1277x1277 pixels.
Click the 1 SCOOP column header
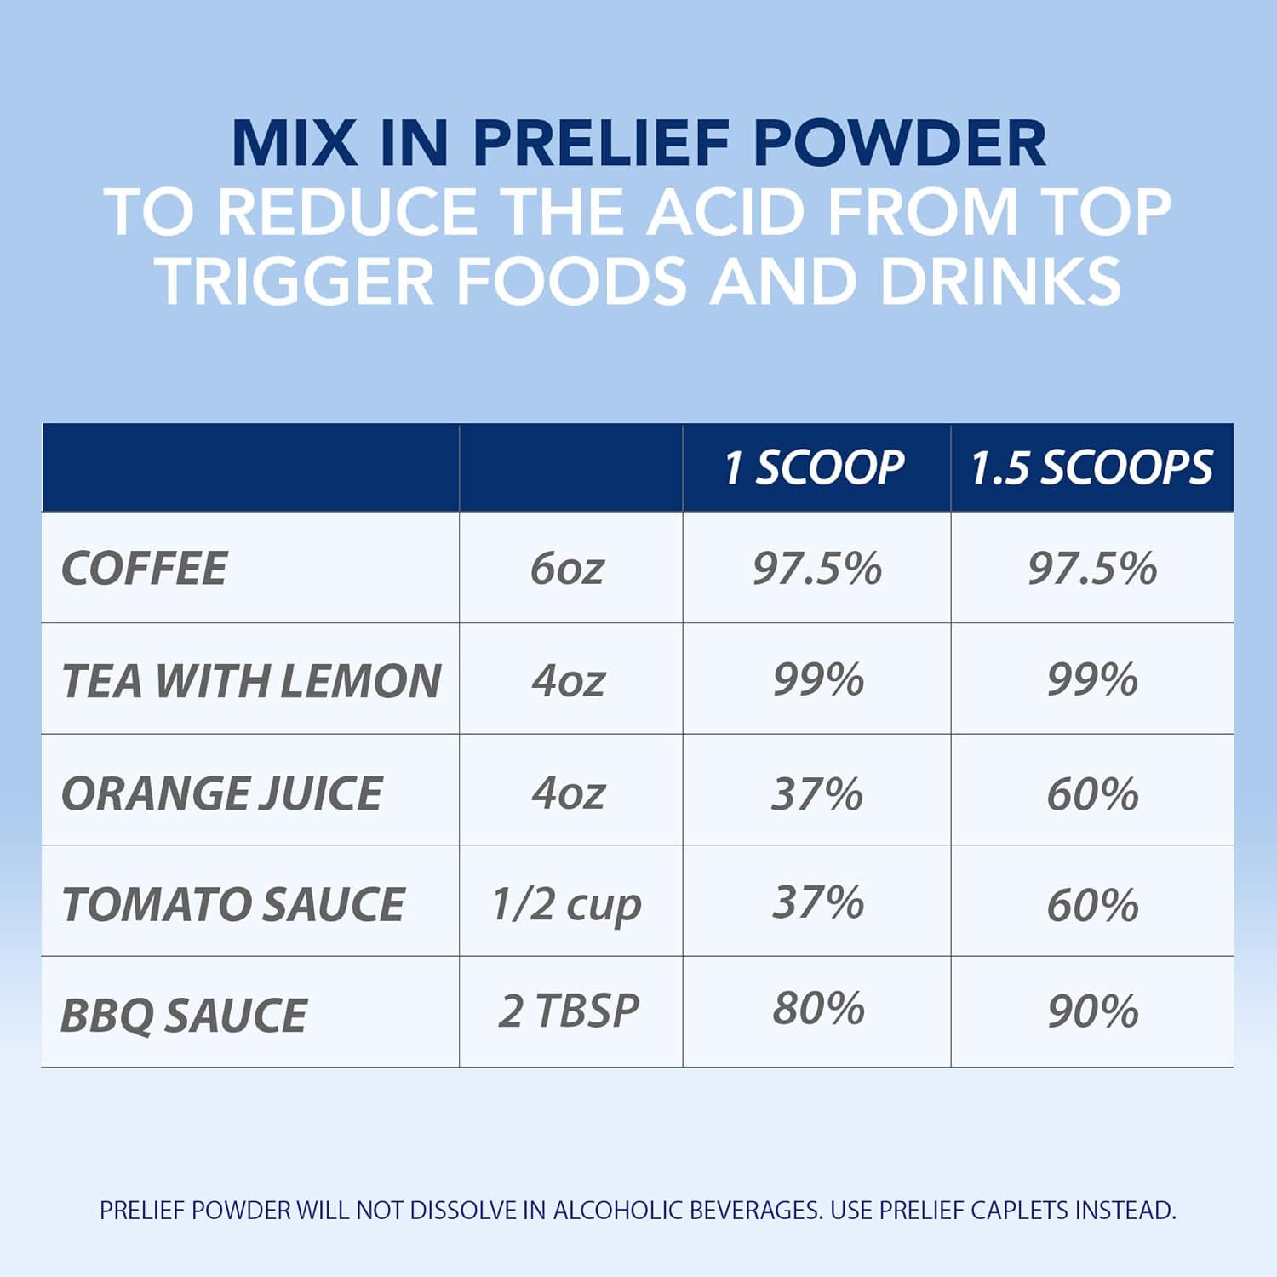click(814, 467)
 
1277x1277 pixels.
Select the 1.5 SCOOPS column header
click(1091, 467)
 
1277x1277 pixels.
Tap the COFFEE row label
click(145, 568)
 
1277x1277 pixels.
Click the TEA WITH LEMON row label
click(251, 680)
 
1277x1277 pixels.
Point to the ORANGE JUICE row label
click(222, 793)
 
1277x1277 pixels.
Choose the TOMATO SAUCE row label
click(233, 903)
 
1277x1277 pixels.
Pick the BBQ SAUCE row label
click(184, 1015)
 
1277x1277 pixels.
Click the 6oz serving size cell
click(567, 568)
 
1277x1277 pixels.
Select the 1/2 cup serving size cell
click(567, 905)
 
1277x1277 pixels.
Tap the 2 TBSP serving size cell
click(569, 1011)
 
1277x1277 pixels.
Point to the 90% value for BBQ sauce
click(1093, 1011)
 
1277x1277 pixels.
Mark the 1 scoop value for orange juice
click(817, 793)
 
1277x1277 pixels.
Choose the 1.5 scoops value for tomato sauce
click(1093, 904)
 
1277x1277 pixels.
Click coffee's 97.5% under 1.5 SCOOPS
click(1092, 568)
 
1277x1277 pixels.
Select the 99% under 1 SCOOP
click(818, 679)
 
